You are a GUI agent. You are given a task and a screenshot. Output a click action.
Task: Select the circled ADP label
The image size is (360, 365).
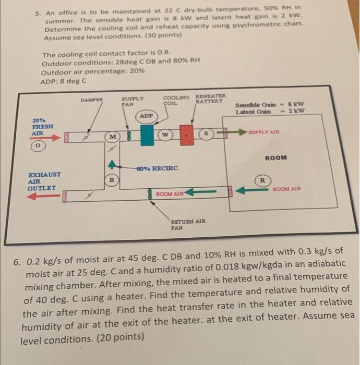[147, 115]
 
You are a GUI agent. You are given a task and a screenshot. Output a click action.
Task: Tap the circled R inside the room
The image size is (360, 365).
[262, 180]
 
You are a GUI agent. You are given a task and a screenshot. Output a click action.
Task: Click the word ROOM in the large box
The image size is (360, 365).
[275, 157]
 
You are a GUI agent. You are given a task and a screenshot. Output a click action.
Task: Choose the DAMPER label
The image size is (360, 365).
[92, 99]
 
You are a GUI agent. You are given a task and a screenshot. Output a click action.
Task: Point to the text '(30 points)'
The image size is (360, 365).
[163, 38]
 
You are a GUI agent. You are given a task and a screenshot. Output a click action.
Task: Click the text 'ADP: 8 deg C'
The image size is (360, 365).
[63, 81]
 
